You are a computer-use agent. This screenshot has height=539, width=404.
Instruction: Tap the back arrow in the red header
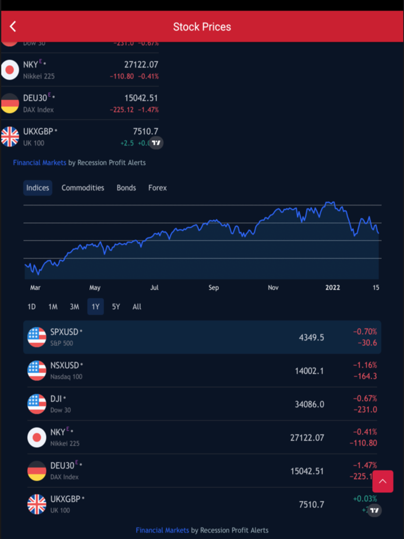13,27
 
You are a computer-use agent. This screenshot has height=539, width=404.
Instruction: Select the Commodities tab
83,188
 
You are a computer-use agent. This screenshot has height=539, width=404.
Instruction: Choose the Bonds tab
126,188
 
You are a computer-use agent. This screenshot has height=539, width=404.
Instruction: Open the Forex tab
157,188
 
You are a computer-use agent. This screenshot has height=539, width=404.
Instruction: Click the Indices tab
38,188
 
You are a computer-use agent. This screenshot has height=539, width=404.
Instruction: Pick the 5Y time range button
116,306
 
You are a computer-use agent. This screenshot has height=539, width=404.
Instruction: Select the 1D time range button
32,306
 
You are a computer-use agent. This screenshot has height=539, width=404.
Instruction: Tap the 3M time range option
74,306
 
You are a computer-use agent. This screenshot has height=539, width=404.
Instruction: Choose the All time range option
137,306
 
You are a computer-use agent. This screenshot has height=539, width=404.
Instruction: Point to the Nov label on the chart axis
274,287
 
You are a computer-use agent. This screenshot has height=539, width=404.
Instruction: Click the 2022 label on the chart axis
333,287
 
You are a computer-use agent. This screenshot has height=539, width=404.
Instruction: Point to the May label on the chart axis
95,287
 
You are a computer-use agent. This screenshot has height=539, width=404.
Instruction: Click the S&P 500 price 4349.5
311,337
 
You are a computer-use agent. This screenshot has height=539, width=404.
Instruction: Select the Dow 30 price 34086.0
309,404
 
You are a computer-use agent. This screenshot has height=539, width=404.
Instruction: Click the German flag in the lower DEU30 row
37,471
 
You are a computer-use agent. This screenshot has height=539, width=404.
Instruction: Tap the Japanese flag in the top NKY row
10,70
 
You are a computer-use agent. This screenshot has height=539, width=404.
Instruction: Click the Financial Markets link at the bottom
162,530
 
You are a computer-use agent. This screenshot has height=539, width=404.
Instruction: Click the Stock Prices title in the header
202,27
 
